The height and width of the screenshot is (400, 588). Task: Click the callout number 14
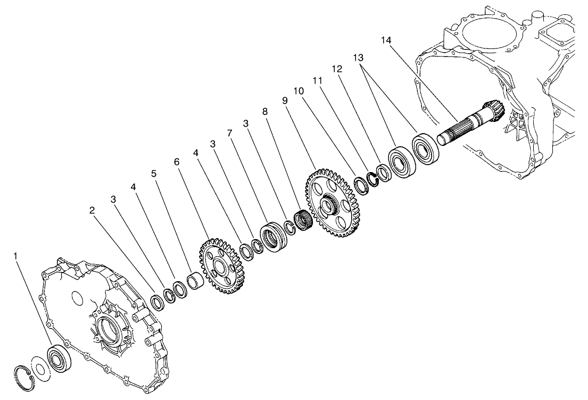387,39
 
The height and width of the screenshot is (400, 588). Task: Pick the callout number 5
154,173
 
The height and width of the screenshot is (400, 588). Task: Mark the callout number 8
265,111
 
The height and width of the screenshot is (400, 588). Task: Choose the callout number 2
92,210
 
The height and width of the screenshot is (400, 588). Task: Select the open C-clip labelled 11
371,180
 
